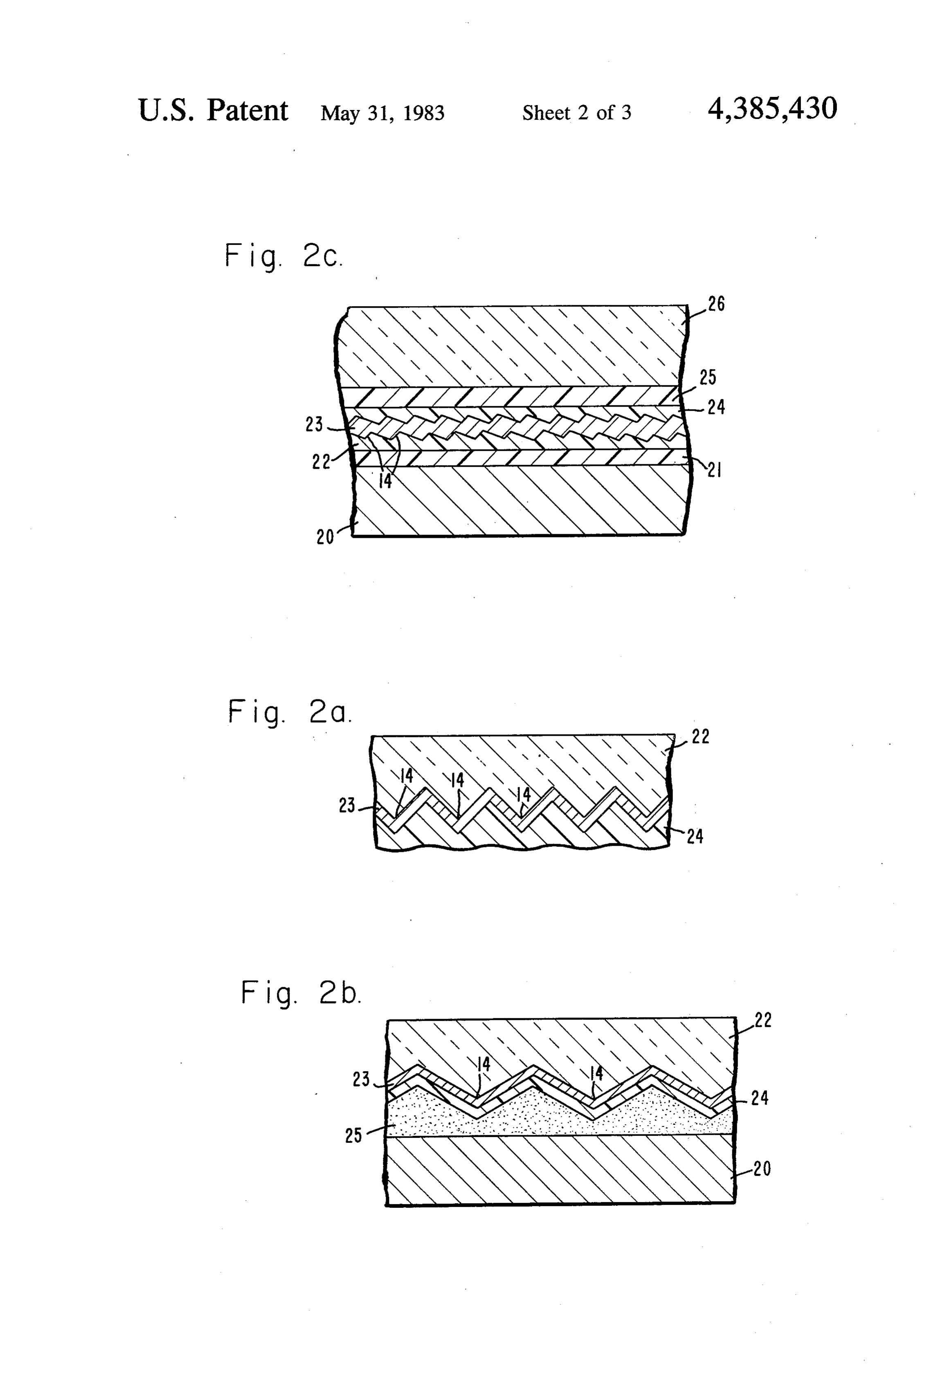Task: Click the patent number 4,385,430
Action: click(772, 110)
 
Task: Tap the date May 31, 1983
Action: click(382, 113)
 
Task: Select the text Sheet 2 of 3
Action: click(576, 113)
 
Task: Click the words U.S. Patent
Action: click(213, 110)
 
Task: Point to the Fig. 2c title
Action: click(284, 256)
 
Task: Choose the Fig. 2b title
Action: click(301, 992)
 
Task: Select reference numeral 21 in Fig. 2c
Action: click(714, 470)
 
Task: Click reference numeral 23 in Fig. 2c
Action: click(314, 424)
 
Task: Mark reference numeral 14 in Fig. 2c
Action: click(385, 481)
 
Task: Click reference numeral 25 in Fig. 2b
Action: click(353, 1135)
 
